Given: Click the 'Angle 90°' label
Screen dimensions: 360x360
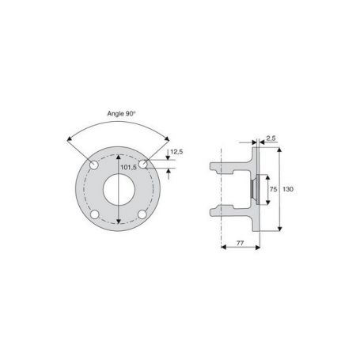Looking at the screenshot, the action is point(121,114).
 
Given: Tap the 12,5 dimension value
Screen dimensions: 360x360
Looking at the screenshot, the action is point(176,152).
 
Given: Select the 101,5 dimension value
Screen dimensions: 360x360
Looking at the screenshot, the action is point(128,167).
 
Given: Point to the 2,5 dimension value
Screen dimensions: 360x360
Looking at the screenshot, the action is point(271,138).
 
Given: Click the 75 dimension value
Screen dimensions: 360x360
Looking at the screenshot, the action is point(274,189).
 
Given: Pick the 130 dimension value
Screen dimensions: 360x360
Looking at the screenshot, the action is point(288,189).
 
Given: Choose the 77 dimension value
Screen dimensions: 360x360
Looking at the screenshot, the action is point(240,243).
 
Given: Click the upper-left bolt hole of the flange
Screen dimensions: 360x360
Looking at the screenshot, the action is point(94,165).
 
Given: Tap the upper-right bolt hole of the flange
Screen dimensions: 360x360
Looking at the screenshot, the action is point(142,165).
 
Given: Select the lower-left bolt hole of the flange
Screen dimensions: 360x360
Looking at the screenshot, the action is point(95,214).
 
